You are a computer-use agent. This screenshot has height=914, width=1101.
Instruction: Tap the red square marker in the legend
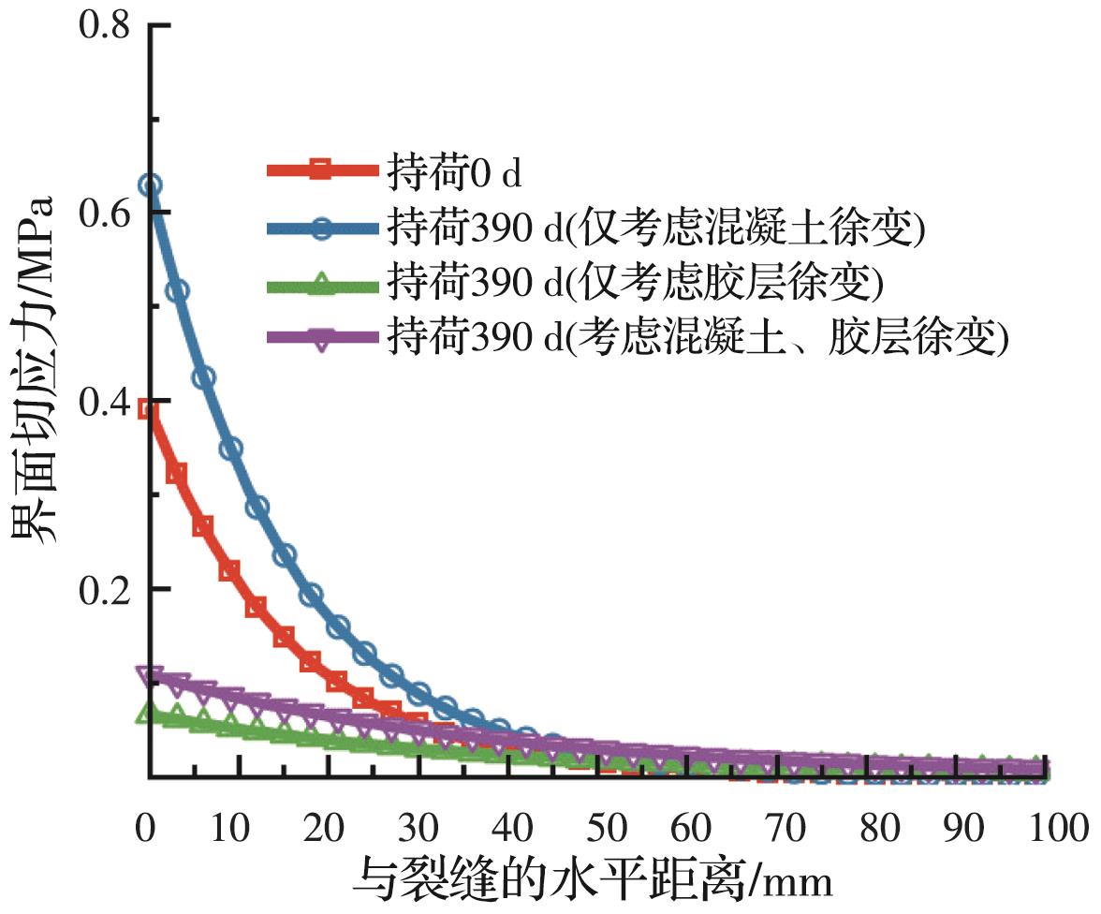pos(321,170)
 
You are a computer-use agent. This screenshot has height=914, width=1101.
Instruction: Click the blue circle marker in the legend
pos(321,228)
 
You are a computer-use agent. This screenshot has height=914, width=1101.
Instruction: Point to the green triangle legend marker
pos(321,283)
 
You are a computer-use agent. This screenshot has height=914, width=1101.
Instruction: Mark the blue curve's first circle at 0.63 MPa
pos(150,185)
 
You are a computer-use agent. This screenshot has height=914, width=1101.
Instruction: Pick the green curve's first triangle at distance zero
pos(147,714)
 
